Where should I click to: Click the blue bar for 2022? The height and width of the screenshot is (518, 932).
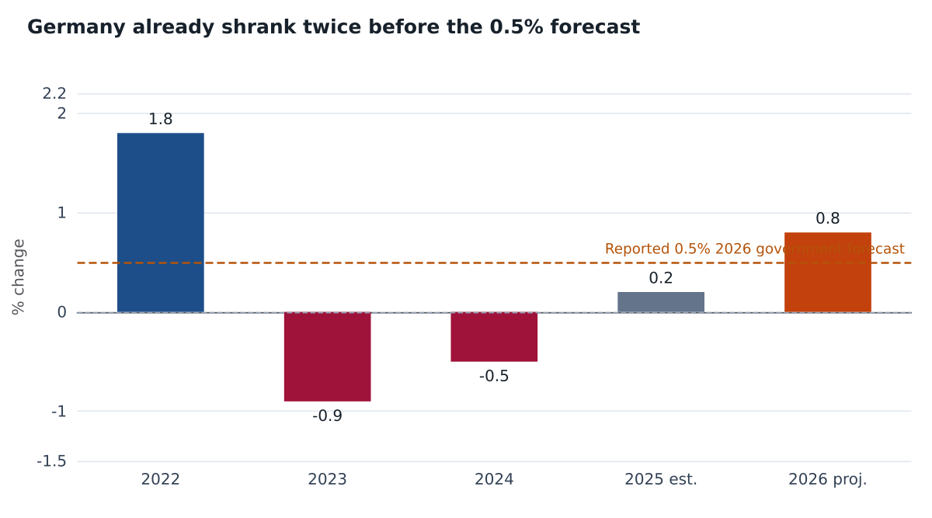point(161,223)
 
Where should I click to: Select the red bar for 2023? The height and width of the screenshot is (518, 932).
point(328,357)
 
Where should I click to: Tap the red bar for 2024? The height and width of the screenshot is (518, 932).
point(494,337)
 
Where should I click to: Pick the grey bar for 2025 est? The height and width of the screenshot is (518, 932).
point(661,302)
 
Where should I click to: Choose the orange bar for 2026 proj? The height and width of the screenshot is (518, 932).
point(828,273)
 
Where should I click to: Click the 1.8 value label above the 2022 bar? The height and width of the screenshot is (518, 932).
point(161,120)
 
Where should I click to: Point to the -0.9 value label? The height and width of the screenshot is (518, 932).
point(328,415)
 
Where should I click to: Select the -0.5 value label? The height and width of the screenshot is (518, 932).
point(494,376)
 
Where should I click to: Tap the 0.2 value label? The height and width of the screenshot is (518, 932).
point(661,278)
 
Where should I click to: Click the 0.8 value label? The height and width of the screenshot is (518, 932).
point(828,218)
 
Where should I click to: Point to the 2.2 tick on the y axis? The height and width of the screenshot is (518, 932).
point(54,94)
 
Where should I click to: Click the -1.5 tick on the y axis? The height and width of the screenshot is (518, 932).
point(51,461)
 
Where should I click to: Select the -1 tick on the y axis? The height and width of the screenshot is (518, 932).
point(59,412)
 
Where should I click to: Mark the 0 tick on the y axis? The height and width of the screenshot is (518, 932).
point(62,312)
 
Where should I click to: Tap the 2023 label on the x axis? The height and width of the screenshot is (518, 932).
point(328,480)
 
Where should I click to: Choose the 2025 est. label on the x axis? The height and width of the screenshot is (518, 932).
point(661,480)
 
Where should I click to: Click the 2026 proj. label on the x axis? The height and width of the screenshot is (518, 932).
point(828,480)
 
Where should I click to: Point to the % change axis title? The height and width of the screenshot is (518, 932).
point(19,277)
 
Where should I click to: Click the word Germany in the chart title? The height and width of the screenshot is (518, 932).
point(76,28)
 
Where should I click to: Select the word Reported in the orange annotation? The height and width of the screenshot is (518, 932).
point(637,249)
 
